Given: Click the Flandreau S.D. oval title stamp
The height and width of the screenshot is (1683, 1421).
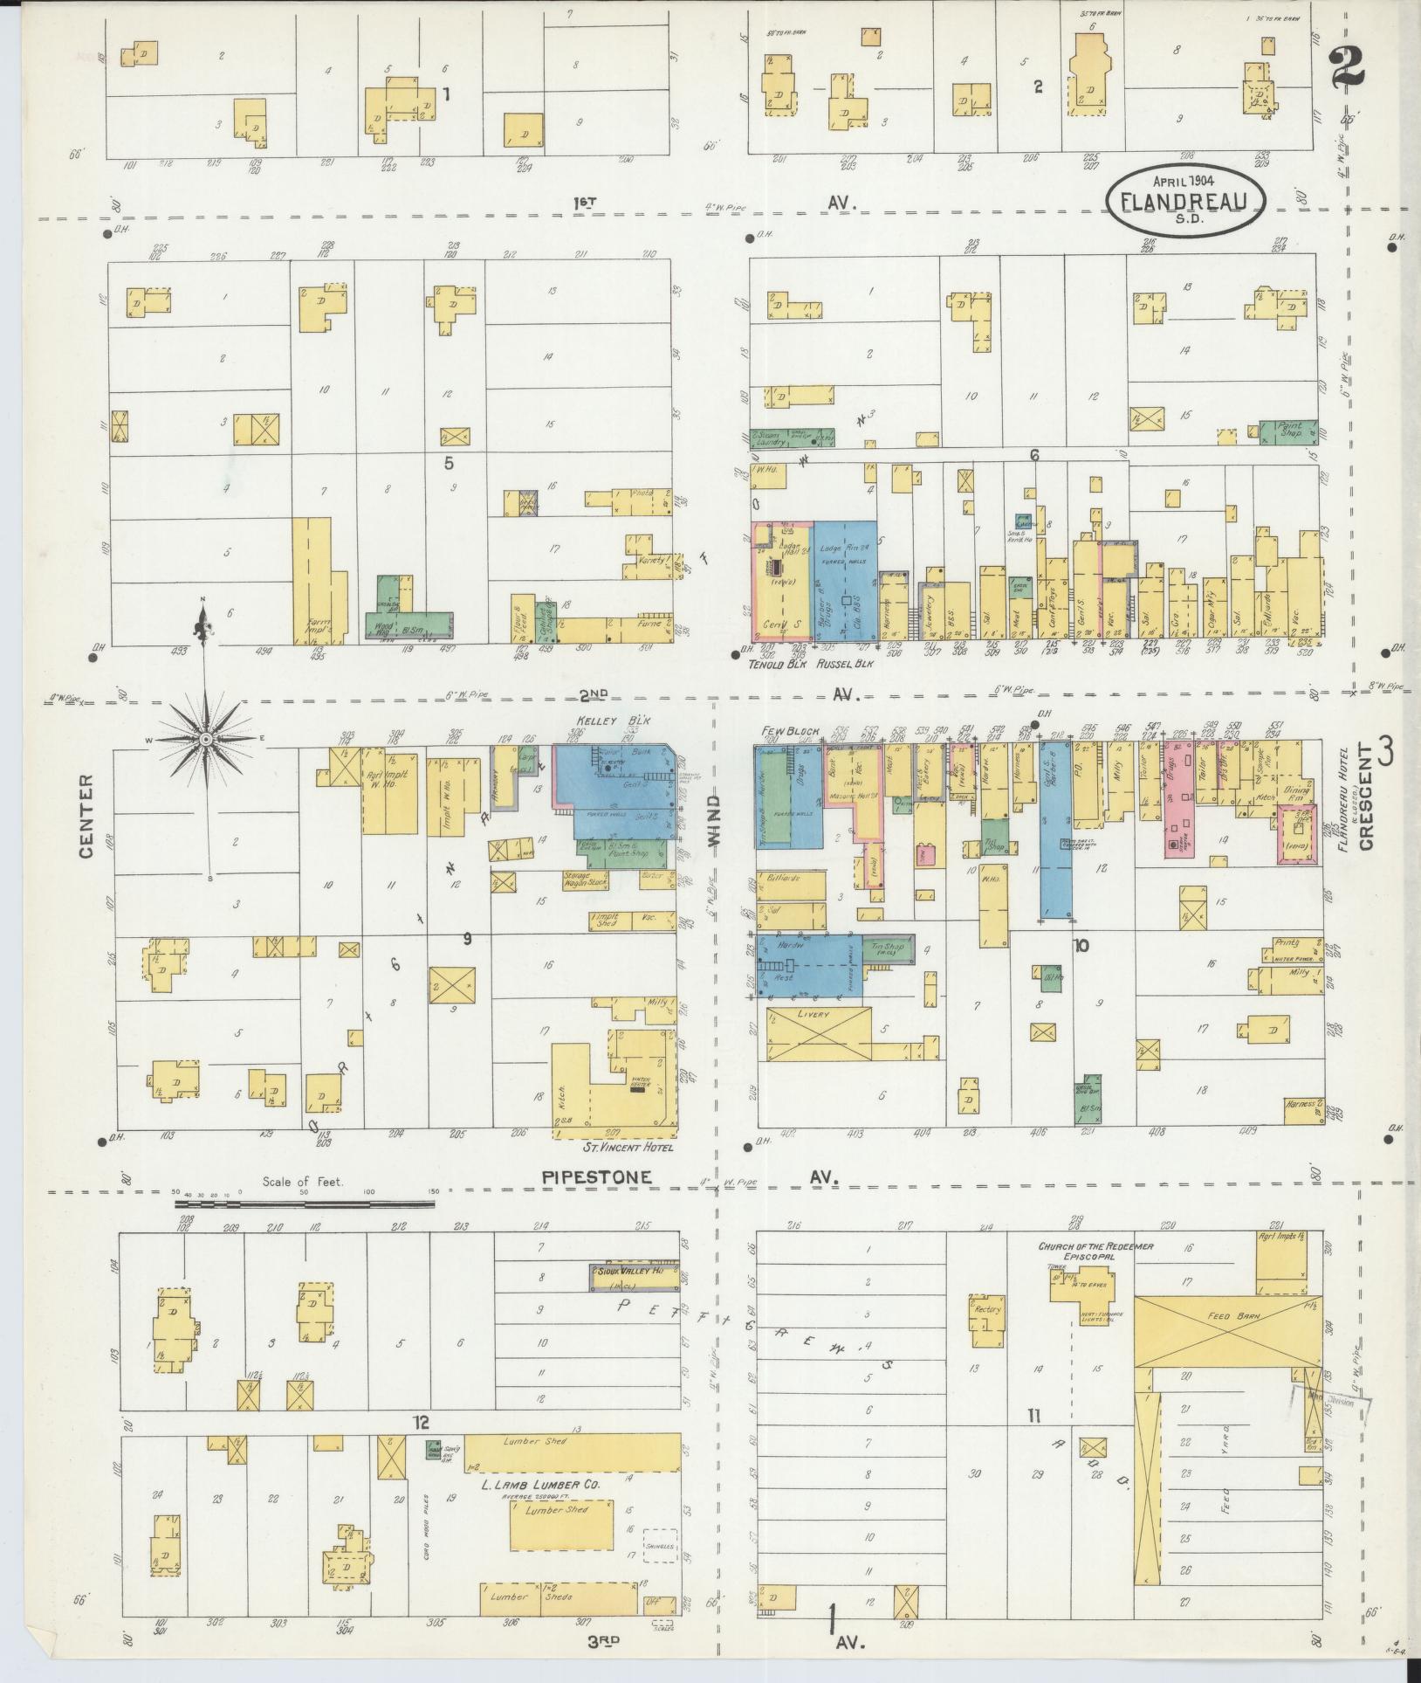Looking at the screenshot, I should (1186, 200).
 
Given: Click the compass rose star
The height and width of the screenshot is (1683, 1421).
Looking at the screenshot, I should (205, 740).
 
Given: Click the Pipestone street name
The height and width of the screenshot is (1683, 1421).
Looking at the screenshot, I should (597, 1177).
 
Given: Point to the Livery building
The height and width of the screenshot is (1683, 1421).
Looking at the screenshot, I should (820, 1034).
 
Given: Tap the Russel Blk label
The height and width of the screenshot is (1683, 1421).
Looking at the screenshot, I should (844, 663).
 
